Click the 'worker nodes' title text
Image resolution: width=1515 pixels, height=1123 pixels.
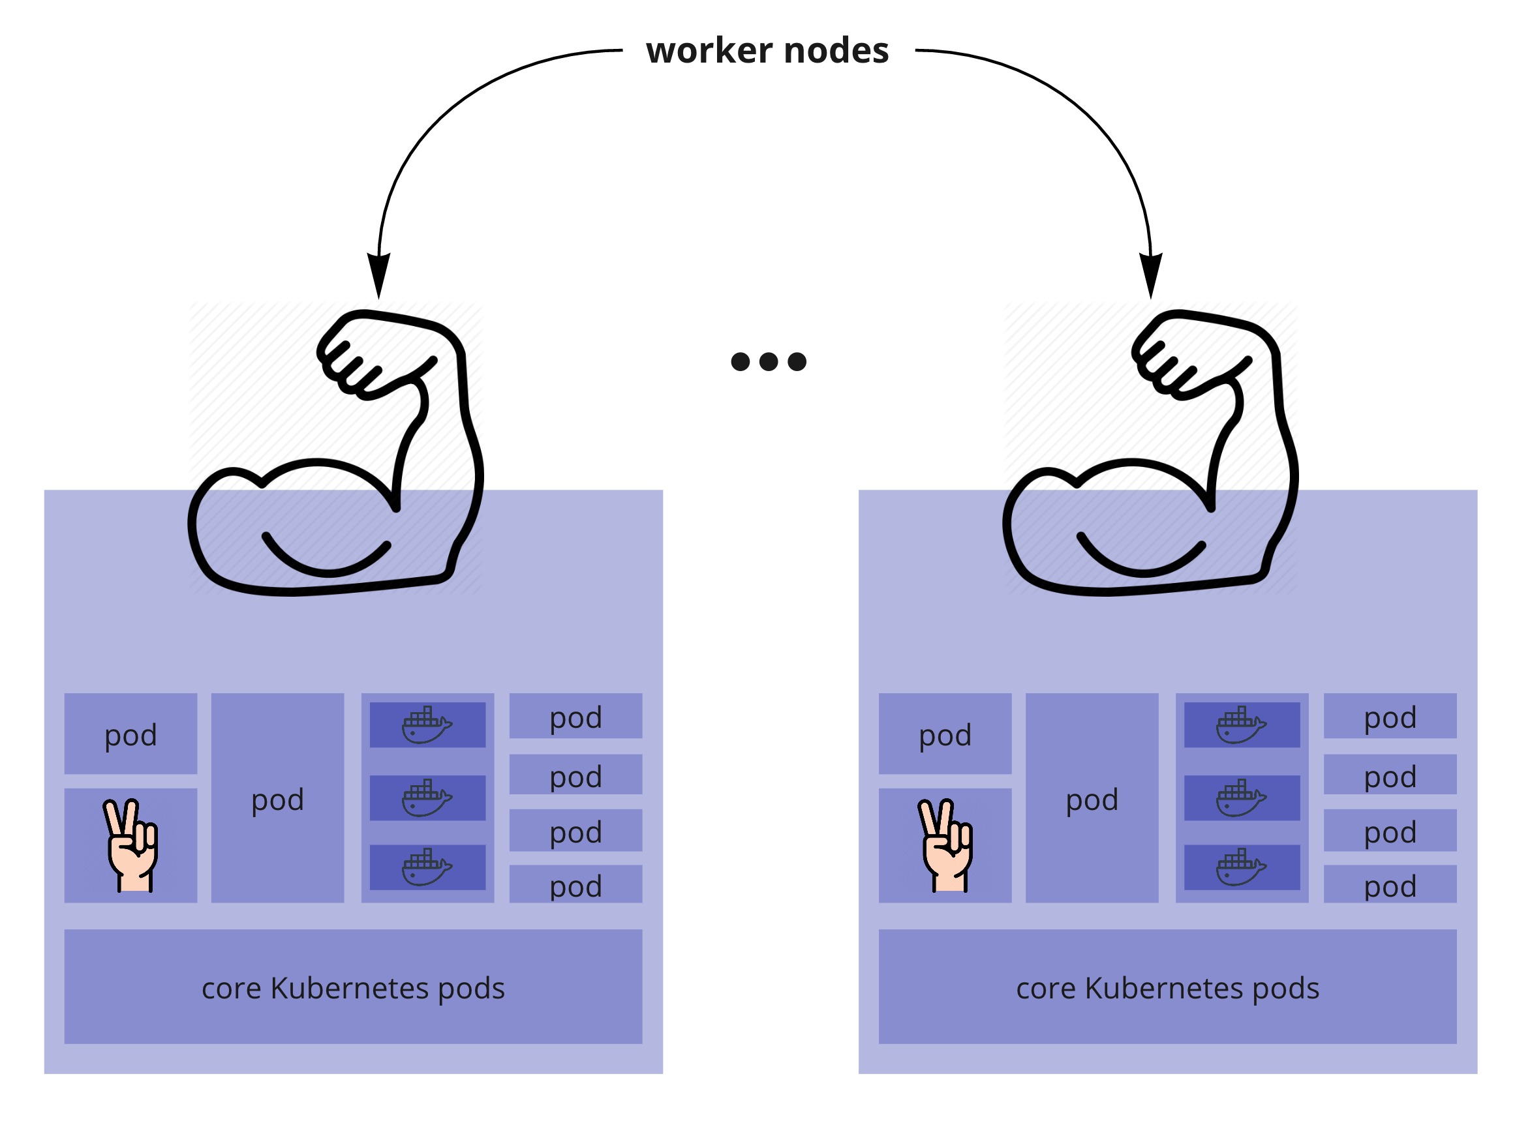tap(767, 51)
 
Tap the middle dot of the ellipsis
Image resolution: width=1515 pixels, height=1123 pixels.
tap(769, 362)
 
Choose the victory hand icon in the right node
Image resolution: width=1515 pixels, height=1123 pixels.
tap(946, 845)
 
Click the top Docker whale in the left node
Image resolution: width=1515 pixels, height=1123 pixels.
tap(427, 725)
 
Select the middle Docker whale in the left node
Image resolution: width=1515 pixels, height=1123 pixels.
tap(427, 798)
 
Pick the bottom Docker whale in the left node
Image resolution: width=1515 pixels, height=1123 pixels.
tap(427, 867)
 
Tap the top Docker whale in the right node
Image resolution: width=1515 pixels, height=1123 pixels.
tap(1241, 725)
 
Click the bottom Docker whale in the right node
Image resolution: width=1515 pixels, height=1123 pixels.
tap(1241, 867)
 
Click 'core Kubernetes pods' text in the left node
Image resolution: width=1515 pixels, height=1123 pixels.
tap(353, 989)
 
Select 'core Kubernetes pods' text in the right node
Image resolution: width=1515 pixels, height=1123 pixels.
tap(1167, 989)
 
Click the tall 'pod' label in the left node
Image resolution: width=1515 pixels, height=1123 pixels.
tap(277, 800)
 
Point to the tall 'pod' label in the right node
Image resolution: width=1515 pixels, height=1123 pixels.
tap(1092, 800)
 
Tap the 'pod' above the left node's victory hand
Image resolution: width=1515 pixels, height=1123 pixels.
tap(130, 736)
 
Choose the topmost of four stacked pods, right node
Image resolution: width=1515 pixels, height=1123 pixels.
tap(1390, 718)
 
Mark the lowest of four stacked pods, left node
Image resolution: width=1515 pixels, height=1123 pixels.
tap(576, 886)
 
